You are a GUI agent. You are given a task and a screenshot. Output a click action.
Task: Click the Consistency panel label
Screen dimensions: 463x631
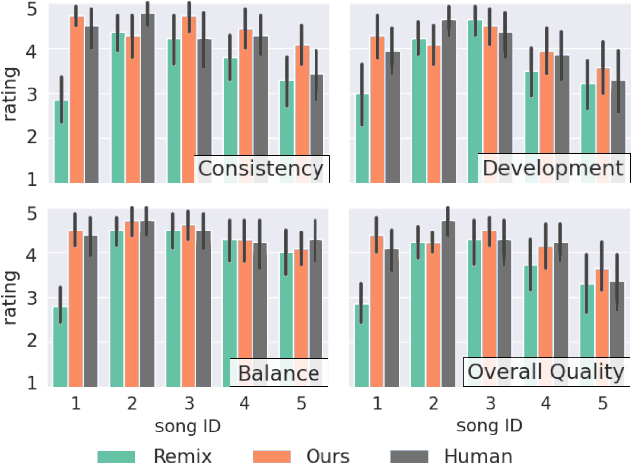point(261,168)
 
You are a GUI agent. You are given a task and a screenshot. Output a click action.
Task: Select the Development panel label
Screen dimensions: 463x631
point(552,168)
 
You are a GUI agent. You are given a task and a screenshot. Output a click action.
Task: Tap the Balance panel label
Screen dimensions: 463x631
point(279,374)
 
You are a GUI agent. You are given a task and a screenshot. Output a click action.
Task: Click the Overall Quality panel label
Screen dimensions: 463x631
point(546,372)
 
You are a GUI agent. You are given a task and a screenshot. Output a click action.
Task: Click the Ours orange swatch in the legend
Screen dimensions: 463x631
point(272,455)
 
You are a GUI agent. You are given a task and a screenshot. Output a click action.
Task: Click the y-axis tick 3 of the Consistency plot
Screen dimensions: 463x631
point(33,95)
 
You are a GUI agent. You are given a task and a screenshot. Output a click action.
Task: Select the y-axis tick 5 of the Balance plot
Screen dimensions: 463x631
point(33,213)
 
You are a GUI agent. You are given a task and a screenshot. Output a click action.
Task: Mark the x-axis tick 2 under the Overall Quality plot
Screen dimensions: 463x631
point(431,402)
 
